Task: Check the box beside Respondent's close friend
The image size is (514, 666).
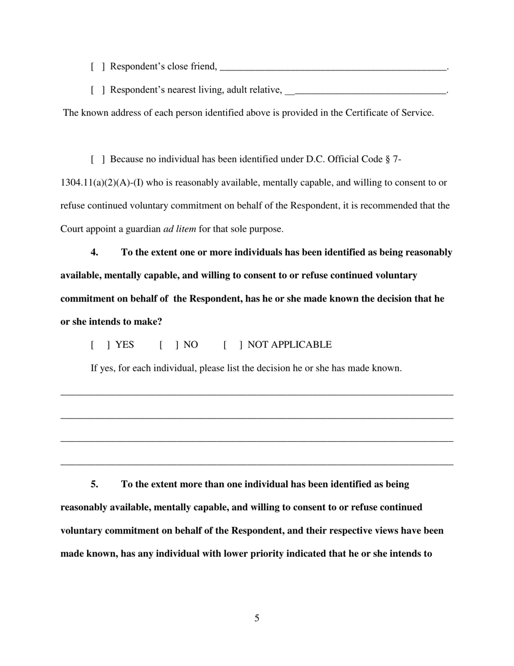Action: point(98,67)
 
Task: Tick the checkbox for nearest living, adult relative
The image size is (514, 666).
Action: point(98,90)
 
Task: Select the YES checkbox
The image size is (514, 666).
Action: point(101,345)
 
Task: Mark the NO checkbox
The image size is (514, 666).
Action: point(169,345)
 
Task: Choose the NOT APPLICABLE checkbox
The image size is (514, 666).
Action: point(233,345)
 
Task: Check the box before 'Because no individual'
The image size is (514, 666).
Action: point(98,159)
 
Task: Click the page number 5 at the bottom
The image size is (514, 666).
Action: point(257,618)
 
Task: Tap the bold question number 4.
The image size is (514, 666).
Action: point(95,252)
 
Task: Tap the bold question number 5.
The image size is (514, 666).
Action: point(95,484)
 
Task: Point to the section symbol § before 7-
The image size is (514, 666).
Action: point(387,159)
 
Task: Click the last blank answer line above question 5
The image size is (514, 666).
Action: point(257,464)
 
